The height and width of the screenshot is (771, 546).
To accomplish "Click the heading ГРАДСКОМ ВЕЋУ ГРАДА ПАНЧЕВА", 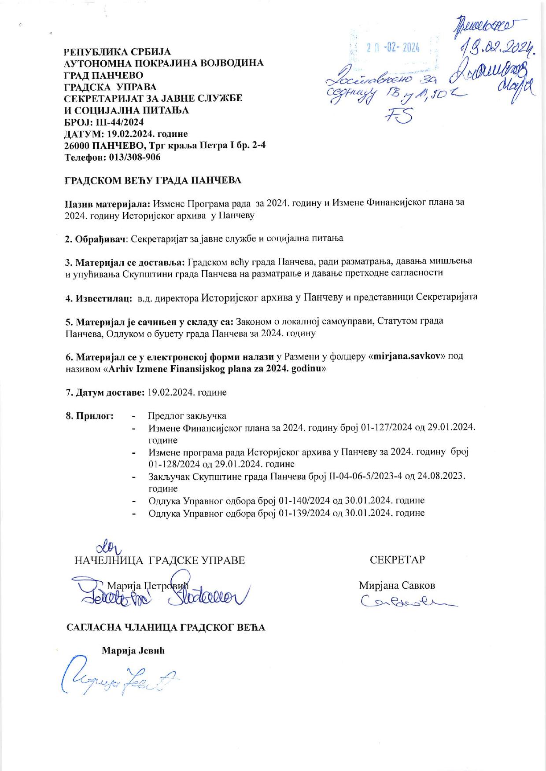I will click(x=153, y=180).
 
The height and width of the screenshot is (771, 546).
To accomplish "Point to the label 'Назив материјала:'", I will click(x=108, y=203).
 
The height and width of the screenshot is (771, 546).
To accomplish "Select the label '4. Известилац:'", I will click(x=99, y=298).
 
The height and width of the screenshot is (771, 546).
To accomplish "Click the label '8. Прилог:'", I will click(x=89, y=416).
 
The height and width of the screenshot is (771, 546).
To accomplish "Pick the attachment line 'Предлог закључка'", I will click(x=187, y=416).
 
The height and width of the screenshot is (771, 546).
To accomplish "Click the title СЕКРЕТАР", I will click(x=397, y=560).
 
